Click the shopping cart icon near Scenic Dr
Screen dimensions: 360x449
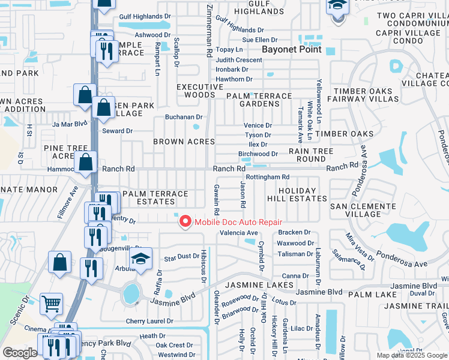click(x=51, y=304)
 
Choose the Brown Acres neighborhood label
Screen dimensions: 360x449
click(x=184, y=142)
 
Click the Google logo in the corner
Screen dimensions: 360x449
click(x=20, y=353)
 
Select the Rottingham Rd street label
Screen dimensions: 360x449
click(x=268, y=177)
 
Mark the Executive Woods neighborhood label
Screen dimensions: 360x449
click(x=196, y=91)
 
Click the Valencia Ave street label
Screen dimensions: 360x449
click(x=239, y=233)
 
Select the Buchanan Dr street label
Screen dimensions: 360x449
click(x=185, y=117)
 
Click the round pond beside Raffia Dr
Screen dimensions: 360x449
click(x=130, y=294)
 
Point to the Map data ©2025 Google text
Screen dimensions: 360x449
click(x=411, y=355)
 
